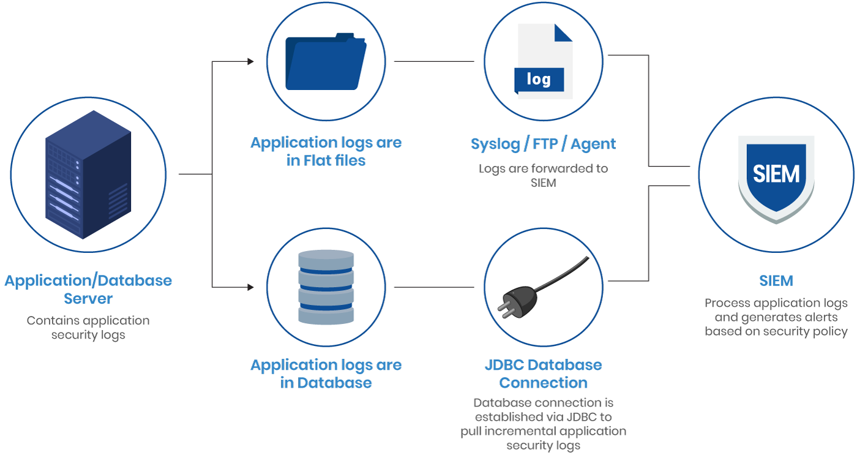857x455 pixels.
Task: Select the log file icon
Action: click(544, 61)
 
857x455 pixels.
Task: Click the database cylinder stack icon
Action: click(326, 287)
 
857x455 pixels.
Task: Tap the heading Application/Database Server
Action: click(88, 290)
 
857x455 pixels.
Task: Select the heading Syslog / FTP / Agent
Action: click(543, 144)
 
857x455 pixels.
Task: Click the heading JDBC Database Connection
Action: click(543, 374)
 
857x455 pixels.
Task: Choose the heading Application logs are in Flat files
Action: click(326, 151)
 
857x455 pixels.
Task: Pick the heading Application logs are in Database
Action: click(326, 374)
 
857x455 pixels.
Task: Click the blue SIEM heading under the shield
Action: click(776, 281)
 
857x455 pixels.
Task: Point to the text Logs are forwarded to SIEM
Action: click(543, 175)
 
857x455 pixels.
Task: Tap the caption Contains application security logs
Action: click(88, 328)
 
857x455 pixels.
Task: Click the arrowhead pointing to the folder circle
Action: click(250, 61)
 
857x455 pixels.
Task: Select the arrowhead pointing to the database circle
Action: click(250, 287)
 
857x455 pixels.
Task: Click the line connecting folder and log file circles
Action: click(433, 61)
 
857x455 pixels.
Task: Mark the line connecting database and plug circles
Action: click(433, 287)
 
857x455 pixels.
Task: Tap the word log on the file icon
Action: click(539, 79)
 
